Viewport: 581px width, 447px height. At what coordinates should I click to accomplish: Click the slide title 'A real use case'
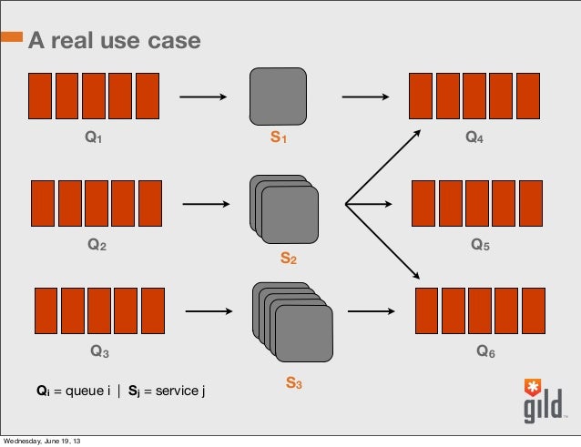click(x=114, y=41)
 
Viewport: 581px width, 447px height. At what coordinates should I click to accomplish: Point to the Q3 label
click(x=99, y=351)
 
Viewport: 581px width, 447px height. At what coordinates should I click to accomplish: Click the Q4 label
click(x=474, y=138)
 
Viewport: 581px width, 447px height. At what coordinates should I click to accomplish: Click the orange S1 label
click(x=278, y=138)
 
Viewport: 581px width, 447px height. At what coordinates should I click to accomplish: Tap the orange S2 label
click(x=287, y=259)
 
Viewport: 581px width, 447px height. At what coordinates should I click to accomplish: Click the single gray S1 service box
click(x=278, y=97)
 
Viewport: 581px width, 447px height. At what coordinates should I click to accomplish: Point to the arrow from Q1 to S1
click(x=202, y=97)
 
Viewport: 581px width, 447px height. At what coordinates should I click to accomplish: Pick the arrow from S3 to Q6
click(x=375, y=311)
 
